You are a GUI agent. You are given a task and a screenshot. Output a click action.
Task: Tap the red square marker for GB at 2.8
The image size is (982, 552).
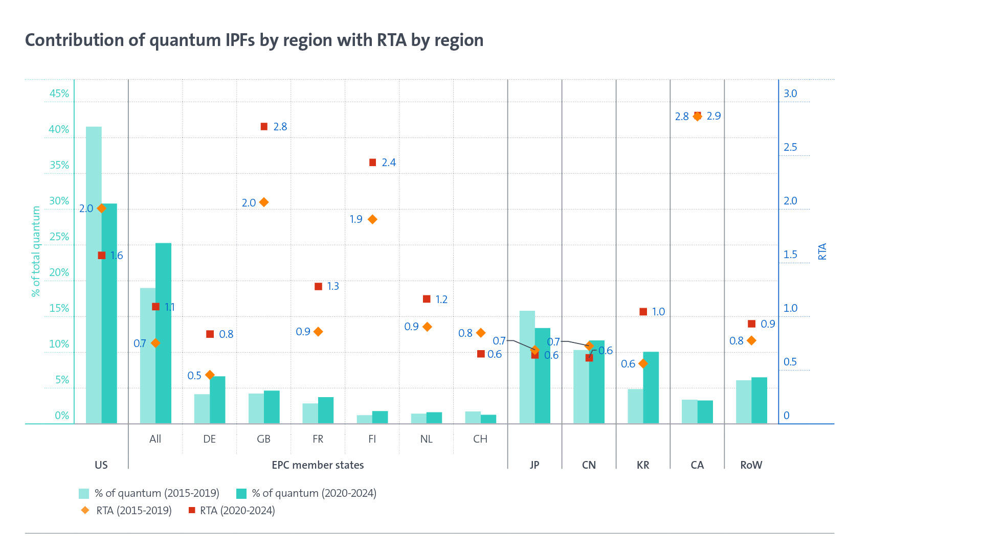pos(264,126)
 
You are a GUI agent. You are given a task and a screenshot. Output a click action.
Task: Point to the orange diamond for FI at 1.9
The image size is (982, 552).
pos(372,219)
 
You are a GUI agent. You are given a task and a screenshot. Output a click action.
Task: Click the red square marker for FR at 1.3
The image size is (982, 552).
pos(318,286)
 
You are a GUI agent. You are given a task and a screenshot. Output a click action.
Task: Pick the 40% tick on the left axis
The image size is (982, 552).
pos(59,129)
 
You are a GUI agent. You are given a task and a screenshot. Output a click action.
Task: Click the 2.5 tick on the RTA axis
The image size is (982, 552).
pos(790,147)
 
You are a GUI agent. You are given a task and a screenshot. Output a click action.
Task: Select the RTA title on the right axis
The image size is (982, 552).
pos(822,251)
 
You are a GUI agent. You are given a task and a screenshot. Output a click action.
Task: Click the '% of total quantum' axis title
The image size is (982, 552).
pos(36,251)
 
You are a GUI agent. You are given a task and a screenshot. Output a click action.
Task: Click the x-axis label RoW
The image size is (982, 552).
pos(751,465)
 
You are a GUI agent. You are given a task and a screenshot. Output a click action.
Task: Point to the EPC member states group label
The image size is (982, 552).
pos(318,465)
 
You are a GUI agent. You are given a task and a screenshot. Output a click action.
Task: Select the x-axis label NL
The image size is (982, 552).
pos(426,439)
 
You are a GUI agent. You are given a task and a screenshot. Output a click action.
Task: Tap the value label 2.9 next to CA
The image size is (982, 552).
pos(713,116)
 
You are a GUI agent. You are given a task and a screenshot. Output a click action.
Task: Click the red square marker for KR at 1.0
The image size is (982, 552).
pos(643,311)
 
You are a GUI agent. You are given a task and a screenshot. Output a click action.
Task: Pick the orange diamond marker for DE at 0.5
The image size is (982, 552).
pos(210,375)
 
